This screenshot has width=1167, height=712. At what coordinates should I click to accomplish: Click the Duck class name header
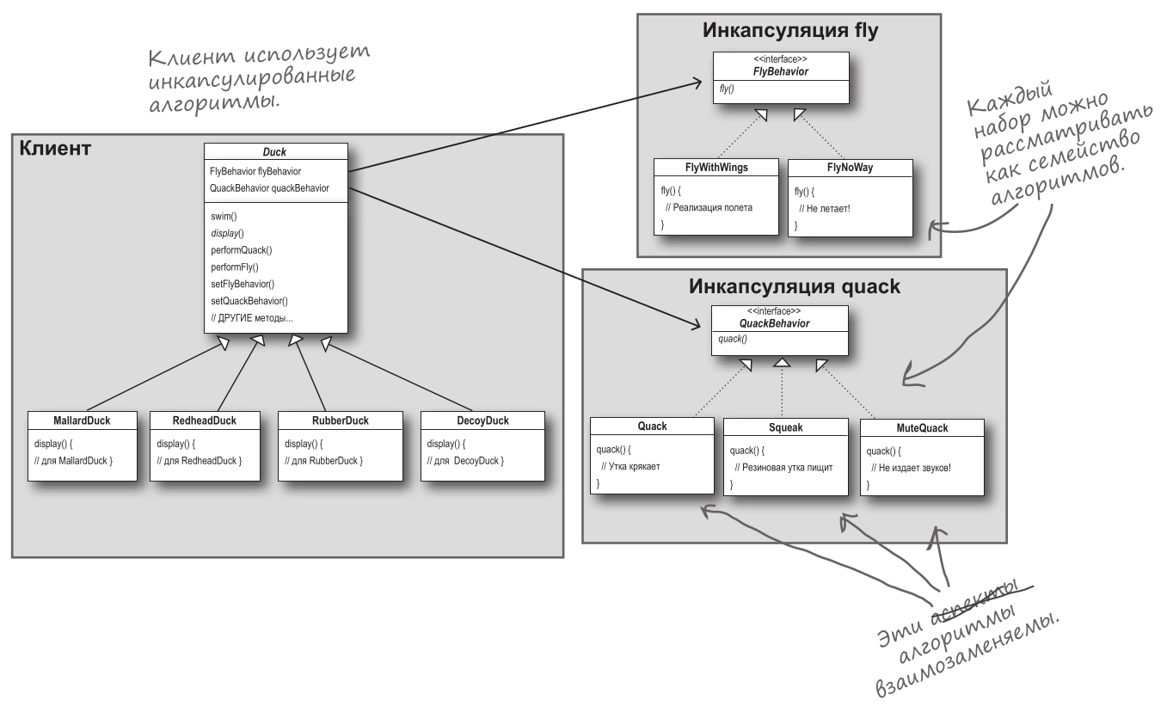pyautogui.click(x=275, y=152)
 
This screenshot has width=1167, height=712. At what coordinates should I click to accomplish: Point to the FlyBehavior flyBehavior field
pyautogui.click(x=255, y=171)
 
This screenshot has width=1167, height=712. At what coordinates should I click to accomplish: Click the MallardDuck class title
pyautogui.click(x=81, y=420)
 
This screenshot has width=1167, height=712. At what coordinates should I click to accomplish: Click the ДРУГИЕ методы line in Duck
pyautogui.click(x=252, y=318)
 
